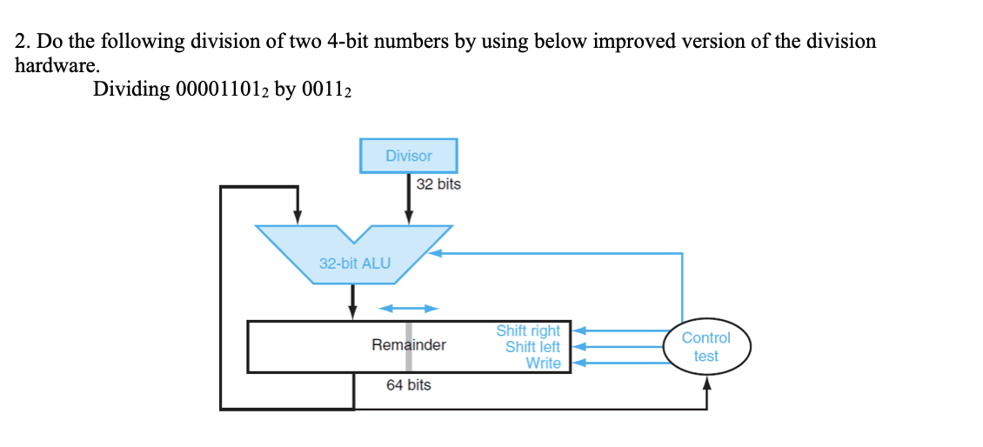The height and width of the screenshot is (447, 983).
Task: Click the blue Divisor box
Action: (408, 156)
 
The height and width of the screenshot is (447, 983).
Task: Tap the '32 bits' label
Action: (438, 184)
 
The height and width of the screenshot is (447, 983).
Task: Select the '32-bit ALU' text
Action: (355, 263)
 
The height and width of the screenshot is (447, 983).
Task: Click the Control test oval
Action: (705, 347)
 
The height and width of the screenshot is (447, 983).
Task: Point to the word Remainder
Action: (408, 345)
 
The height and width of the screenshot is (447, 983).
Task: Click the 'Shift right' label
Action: (528, 331)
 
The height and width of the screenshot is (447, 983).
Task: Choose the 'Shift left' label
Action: (532, 347)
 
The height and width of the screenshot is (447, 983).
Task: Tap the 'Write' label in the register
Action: (543, 363)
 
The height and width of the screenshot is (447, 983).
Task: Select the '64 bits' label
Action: (408, 384)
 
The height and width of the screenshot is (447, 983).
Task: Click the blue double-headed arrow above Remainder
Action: (408, 308)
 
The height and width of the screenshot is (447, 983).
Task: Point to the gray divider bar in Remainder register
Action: (408, 347)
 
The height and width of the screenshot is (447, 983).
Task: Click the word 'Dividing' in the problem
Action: (130, 90)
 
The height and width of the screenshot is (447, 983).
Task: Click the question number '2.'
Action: (22, 42)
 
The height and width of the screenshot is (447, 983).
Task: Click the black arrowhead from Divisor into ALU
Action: (408, 217)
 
